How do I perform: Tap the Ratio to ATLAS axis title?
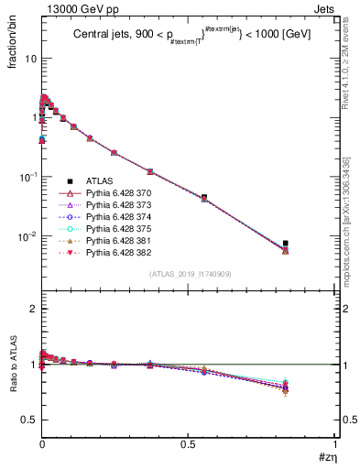(x=13, y=365)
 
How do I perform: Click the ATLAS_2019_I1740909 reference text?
(x=189, y=274)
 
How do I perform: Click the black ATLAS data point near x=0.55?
(x=204, y=197)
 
